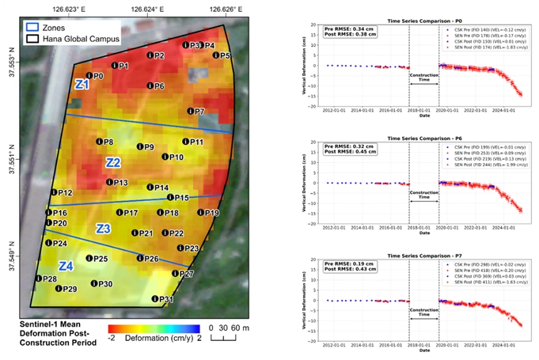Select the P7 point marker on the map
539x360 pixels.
[189, 112]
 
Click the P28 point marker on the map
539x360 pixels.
[39, 279]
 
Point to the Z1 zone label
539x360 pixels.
[82, 84]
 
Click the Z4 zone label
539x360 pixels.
[66, 266]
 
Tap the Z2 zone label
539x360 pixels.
[113, 162]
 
